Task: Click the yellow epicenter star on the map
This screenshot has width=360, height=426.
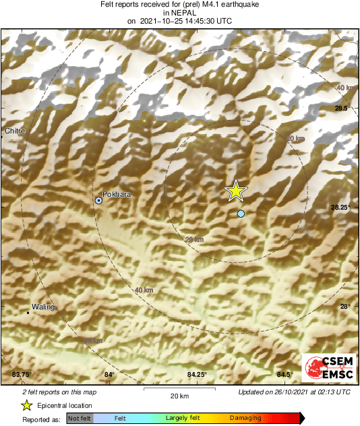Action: coord(236,191)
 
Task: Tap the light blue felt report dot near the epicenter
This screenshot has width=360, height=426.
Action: coord(241,214)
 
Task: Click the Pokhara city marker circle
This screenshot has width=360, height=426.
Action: coord(99,200)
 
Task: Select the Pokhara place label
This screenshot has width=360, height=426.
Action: coord(117,194)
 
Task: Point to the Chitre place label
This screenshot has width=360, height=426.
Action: coord(15,131)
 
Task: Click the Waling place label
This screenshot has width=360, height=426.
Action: coord(43,307)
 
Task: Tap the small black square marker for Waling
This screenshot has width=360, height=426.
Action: coord(28,313)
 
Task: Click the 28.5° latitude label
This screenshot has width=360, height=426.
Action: coord(341,108)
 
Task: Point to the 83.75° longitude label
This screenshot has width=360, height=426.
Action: coord(22,374)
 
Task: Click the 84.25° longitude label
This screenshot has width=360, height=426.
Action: coord(197,374)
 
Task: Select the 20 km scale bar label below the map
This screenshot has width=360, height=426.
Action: coord(179,395)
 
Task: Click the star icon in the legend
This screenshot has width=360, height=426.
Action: coord(26,405)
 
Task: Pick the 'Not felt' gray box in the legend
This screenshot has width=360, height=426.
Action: coord(79,419)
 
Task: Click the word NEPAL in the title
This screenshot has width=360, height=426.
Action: coord(179,13)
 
